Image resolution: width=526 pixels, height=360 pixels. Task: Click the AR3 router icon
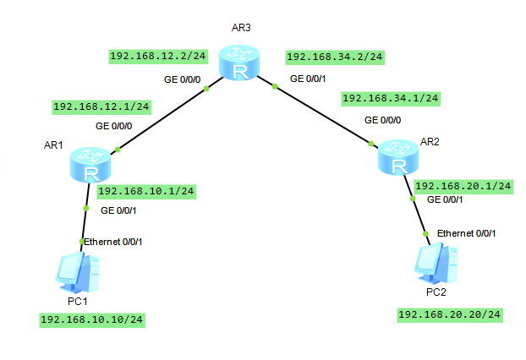coord(241,63)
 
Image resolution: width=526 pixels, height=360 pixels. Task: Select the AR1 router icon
coord(89,164)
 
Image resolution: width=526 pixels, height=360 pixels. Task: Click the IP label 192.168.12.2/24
coord(158,56)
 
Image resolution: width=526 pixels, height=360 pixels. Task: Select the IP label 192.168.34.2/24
coord(335,57)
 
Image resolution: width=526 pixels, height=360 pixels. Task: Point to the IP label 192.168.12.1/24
coord(101,106)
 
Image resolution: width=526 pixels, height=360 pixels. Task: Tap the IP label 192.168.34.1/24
coord(390,98)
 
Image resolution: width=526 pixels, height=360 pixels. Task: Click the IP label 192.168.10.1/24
coord(146,191)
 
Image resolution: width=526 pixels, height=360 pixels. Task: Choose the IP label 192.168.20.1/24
coord(463,185)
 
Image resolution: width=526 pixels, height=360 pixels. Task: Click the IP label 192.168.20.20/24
coord(449,314)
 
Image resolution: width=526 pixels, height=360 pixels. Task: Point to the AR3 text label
coord(241,28)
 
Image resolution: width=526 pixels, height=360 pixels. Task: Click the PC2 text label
coord(436,292)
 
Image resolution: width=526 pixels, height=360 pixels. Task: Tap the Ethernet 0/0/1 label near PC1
coord(113,243)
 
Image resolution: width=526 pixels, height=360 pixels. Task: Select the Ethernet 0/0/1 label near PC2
coord(466,232)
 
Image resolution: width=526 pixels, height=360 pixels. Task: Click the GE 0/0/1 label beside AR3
coord(308,79)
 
